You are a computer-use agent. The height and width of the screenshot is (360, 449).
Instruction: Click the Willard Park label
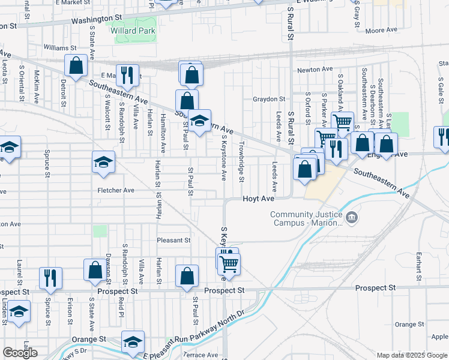pos(133,31)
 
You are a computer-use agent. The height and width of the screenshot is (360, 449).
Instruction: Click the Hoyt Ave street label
pos(258,198)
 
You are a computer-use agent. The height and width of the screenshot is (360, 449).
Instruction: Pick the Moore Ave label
pos(381,30)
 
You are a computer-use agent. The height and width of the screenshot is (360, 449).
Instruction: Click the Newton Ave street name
pos(315,70)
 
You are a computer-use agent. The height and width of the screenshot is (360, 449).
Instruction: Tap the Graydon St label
pos(268,99)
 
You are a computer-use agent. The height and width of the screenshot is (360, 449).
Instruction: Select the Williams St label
pos(60,47)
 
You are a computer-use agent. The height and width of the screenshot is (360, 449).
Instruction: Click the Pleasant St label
pos(173,240)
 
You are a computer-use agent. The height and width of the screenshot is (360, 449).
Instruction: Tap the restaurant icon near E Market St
pos(127,74)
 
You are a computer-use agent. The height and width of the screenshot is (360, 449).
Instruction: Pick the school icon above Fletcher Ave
pos(103,162)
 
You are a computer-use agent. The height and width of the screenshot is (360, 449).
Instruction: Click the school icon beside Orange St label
pos(133,341)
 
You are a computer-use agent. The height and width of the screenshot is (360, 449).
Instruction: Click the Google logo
pos(20,353)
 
